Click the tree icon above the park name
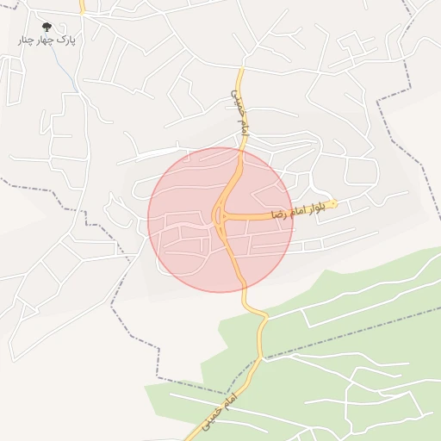pos(47,27)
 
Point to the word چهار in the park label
pos(47,40)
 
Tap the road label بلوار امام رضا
pos(301,210)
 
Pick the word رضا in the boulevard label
pos(278,213)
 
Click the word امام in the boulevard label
pos(300,210)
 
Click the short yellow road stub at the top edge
pos(82,6)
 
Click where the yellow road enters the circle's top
pos(240,150)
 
